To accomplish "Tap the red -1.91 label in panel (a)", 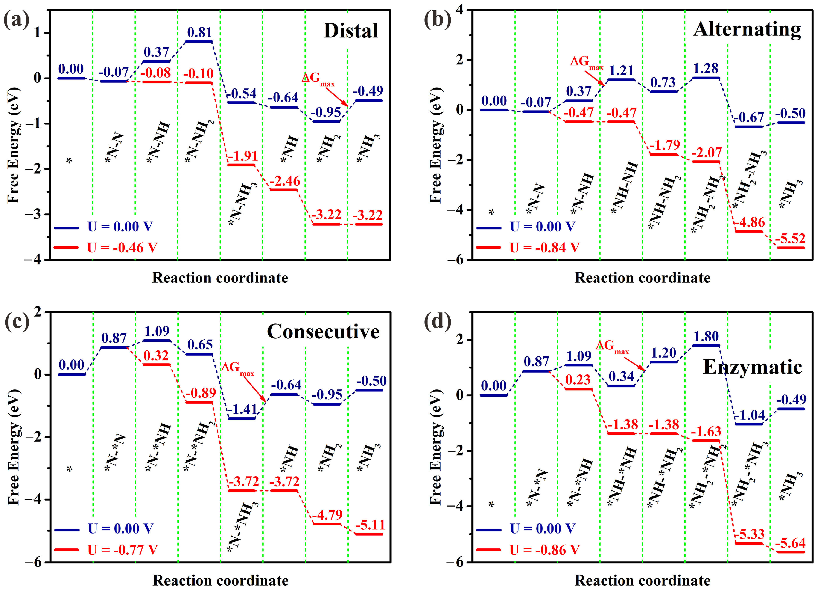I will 242,156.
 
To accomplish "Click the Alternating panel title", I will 747,29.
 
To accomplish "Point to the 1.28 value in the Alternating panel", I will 705,68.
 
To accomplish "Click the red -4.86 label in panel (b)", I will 749,222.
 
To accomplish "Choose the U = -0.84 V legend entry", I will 544,248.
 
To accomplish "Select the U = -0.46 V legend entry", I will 122,248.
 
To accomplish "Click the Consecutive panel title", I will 323,331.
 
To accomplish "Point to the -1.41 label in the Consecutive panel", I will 242,409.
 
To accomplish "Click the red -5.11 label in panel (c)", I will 370,525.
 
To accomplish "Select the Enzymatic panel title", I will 752,367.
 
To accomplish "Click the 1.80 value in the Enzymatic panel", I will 706,336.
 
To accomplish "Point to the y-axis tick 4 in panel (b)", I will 459,10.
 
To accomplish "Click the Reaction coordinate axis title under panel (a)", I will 220,278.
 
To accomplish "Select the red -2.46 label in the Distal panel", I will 284,181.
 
